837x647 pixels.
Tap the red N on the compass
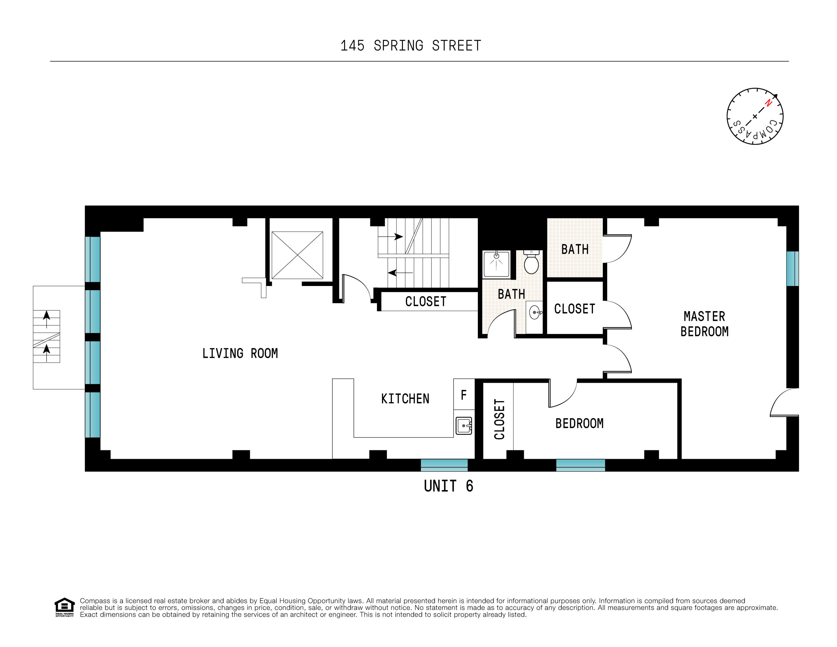(768, 103)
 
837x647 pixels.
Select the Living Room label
(240, 353)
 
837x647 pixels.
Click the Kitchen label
(405, 399)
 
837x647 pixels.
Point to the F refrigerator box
(464, 395)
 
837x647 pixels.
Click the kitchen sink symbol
(464, 426)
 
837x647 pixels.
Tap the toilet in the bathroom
(531, 263)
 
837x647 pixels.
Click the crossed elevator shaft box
(297, 255)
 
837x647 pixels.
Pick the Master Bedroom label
(704, 324)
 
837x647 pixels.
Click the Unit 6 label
(448, 486)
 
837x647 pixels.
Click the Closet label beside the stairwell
(426, 302)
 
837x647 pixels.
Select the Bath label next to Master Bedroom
(574, 249)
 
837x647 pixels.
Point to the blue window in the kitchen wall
(444, 465)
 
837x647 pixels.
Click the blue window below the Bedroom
(580, 465)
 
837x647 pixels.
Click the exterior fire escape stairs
(46, 336)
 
